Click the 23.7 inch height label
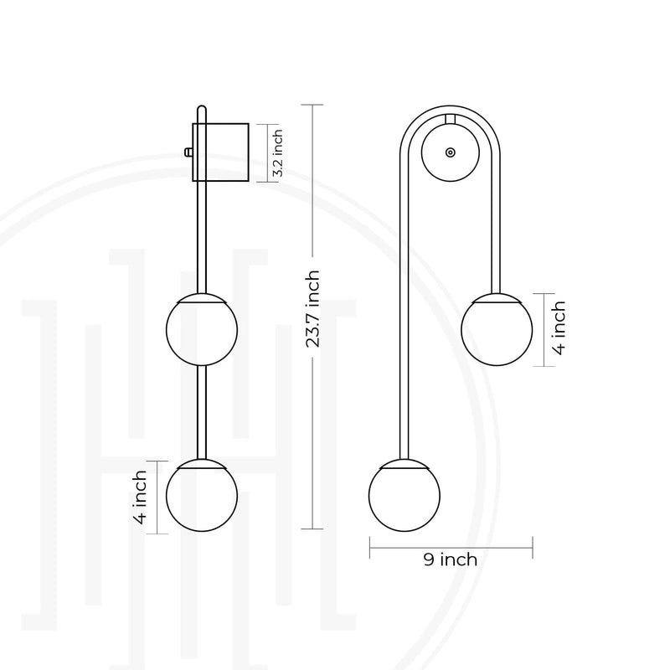pos(312,308)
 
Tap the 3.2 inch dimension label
pos(277,153)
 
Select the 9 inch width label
pos(451,559)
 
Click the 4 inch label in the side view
pos(140,497)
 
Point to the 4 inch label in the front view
pos(559,328)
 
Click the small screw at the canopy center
pos(450,152)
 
